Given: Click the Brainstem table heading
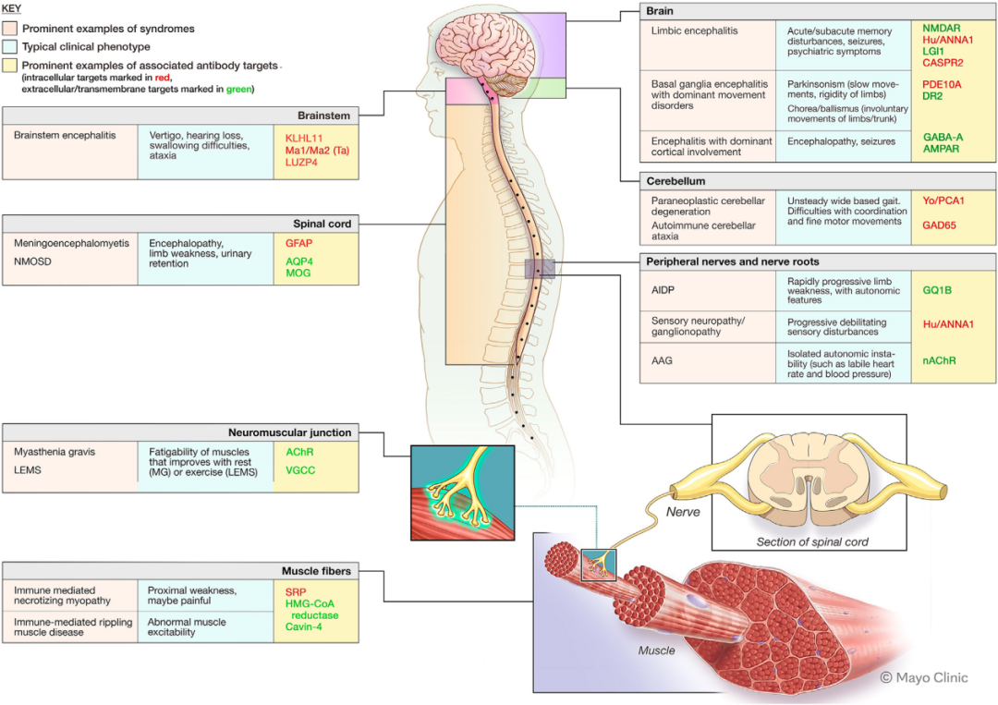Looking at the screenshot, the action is coord(323,115).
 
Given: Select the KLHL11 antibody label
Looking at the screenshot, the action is coord(304,138).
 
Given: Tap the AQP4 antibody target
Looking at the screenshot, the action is coord(299,261).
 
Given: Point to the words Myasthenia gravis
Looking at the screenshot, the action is coord(55,452).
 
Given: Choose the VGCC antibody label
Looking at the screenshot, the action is coord(300,470).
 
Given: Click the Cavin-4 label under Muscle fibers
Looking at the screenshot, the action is coord(304,626).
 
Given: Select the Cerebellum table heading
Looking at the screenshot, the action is coord(675,181).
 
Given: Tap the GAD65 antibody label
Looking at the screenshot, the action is coord(940,225).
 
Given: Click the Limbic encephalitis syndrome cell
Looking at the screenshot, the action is coord(694,30).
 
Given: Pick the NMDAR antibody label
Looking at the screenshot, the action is coord(942,28).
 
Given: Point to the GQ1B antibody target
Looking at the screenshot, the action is coord(937,290).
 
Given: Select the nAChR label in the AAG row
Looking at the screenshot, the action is coord(939,360).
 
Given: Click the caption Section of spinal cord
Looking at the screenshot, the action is coord(812,542).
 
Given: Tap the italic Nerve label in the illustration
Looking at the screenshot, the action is coord(683,512).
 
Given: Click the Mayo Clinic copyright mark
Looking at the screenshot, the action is coord(924,677).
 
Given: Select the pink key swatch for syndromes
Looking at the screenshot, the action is coord(9,29).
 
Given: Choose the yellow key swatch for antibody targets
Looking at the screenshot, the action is coord(9,65).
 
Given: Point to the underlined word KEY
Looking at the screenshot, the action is coord(11,9).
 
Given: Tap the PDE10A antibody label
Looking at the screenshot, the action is coord(942,85).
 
